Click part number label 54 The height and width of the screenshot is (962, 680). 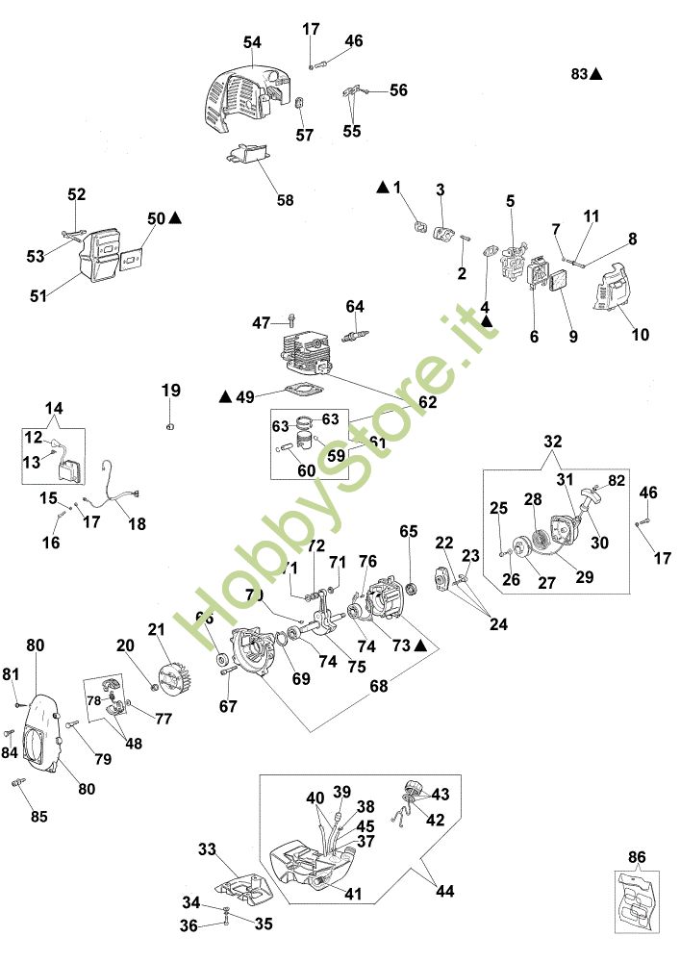(x=252, y=42)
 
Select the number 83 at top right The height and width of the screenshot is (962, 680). (x=578, y=73)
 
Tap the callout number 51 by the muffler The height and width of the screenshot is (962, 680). (x=38, y=296)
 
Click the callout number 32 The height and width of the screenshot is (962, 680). (x=552, y=443)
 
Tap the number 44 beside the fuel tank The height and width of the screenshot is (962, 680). (x=443, y=892)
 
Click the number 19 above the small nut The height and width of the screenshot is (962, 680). (x=170, y=391)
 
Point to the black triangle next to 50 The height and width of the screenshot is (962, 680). (x=175, y=218)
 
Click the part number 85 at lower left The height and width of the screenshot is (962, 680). (x=38, y=817)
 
